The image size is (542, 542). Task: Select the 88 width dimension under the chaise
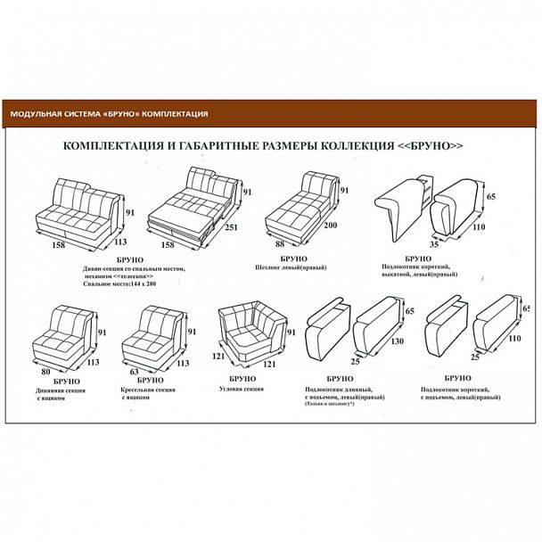pyautogui.click(x=279, y=244)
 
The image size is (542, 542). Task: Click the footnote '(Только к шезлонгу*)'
pyautogui.click(x=335, y=406)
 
